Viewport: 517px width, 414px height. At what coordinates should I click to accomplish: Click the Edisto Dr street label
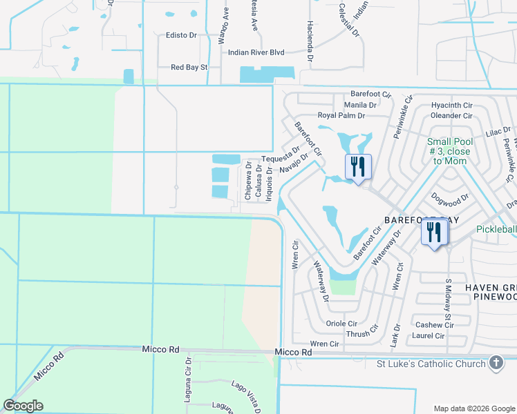[181, 35]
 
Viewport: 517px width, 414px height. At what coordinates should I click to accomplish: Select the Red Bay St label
[189, 68]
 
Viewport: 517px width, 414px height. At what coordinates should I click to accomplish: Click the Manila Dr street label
[363, 106]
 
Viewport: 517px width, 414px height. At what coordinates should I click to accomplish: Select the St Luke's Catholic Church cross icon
[496, 363]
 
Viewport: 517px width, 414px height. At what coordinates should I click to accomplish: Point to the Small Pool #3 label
[451, 150]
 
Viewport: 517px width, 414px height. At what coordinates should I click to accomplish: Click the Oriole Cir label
[342, 323]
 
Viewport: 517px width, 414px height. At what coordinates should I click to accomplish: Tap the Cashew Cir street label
[434, 325]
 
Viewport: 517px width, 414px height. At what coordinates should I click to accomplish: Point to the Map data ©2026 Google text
[473, 408]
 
